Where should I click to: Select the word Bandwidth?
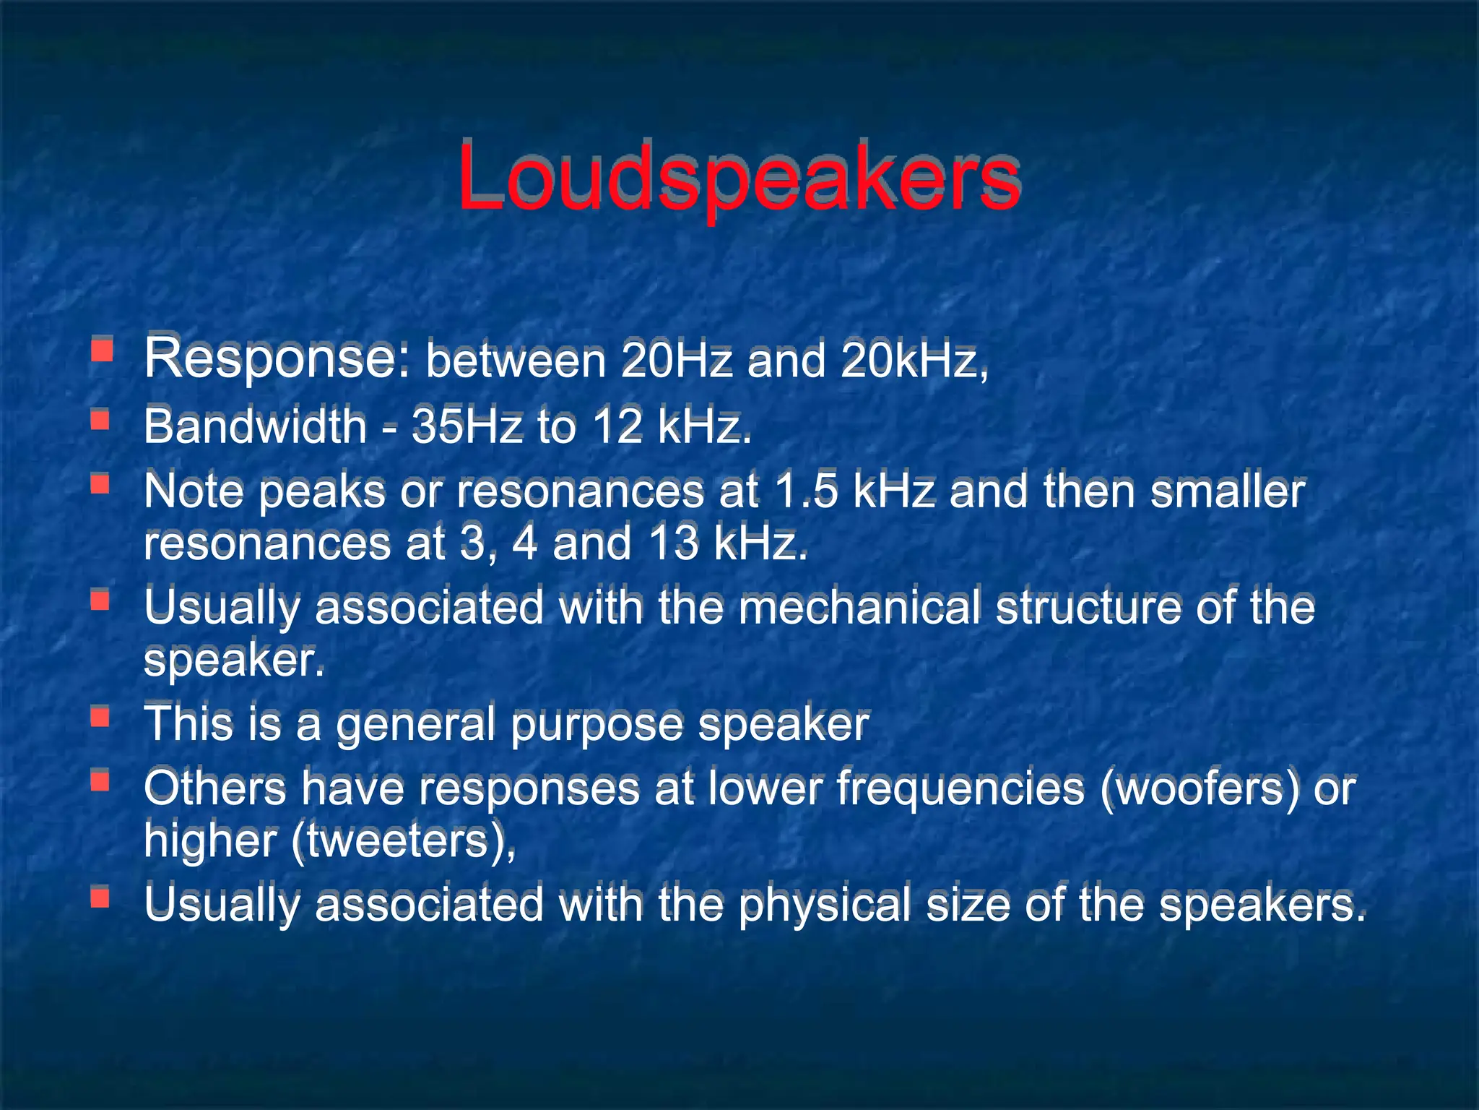tap(255, 426)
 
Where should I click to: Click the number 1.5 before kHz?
tap(806, 491)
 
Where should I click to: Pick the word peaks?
tap(322, 493)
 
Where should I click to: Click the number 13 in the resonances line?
tap(674, 543)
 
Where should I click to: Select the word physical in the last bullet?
tap(824, 905)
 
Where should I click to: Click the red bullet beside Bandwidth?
tap(100, 418)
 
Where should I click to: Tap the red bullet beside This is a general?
tap(100, 717)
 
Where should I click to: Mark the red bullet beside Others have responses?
tap(100, 780)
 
